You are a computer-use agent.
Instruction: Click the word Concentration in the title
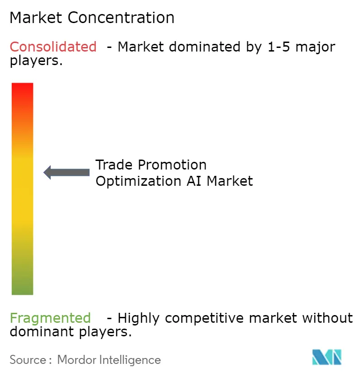coord(121,18)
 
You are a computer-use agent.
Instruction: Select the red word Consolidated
coord(53,47)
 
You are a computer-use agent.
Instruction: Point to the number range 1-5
coord(276,47)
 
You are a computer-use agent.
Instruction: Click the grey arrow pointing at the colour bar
coord(66,172)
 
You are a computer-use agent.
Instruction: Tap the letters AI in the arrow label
coord(195,181)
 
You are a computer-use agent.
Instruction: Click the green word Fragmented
coord(50,318)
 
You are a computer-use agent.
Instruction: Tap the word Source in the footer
coord(28,360)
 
